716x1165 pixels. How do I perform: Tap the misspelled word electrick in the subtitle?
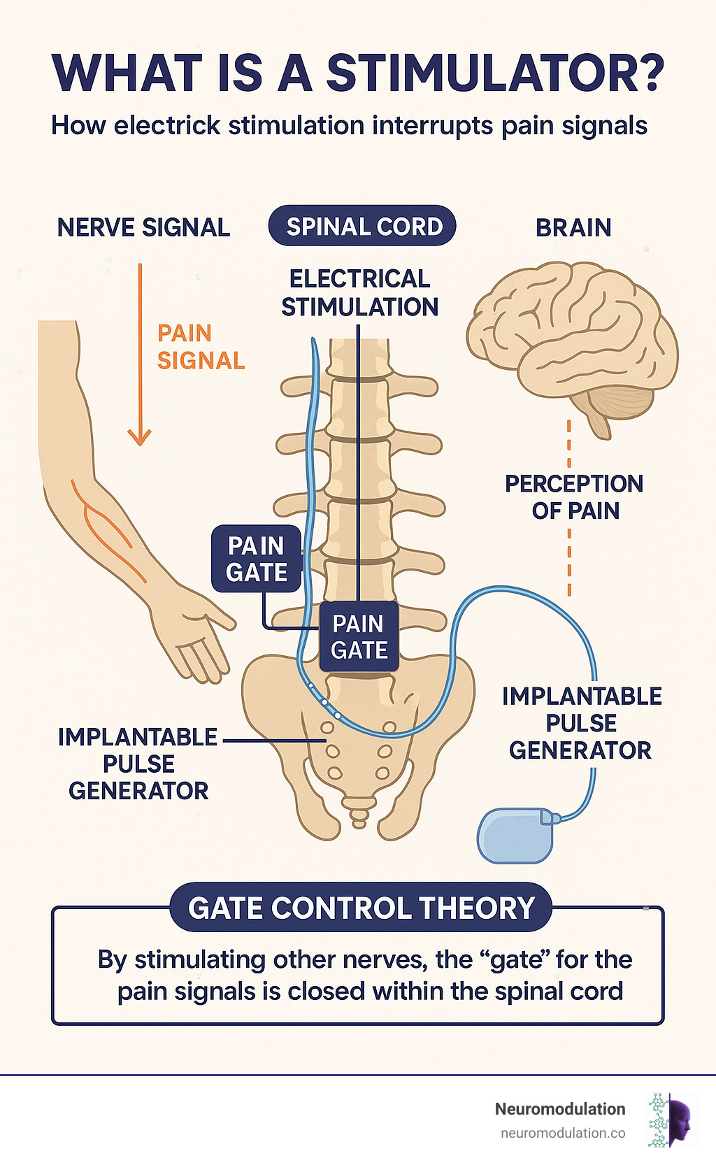pyautogui.click(x=167, y=127)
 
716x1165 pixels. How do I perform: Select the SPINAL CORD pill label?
pyautogui.click(x=364, y=227)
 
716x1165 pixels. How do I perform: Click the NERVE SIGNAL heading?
pyautogui.click(x=143, y=228)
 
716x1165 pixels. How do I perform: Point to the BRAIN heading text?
pyautogui.click(x=573, y=228)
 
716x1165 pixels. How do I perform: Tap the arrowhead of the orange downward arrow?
pyautogui.click(x=140, y=438)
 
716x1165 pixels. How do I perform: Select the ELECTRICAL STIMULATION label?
pyautogui.click(x=359, y=293)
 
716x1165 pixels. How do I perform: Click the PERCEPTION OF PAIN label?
pyautogui.click(x=574, y=497)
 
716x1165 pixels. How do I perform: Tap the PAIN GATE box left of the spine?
pyautogui.click(x=257, y=559)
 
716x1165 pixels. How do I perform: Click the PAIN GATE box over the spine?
pyautogui.click(x=359, y=637)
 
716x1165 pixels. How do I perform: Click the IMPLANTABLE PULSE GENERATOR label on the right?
pyautogui.click(x=581, y=723)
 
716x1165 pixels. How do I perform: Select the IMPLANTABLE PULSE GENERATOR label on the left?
pyautogui.click(x=138, y=764)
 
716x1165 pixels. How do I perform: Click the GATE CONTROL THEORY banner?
pyautogui.click(x=361, y=908)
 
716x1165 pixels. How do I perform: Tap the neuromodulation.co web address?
pyautogui.click(x=563, y=1133)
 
